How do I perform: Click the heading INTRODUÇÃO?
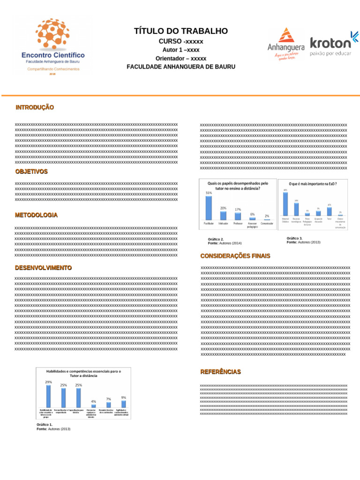[35, 108]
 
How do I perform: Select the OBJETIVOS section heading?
[31, 172]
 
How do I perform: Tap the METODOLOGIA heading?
[37, 215]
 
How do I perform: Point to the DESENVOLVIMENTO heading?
[43, 268]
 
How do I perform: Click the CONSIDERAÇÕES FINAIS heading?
[235, 256]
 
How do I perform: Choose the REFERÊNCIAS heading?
[220, 372]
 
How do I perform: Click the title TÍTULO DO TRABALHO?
[181, 31]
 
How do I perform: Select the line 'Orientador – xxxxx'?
[181, 59]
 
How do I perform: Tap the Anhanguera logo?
[286, 42]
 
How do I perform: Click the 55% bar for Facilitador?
[209, 208]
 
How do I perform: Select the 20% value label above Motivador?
[224, 208]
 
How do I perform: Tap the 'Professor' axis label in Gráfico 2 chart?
[238, 224]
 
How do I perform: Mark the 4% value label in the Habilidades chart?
[93, 401]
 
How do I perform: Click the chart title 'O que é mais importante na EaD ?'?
[313, 184]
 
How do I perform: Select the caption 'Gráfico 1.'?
[45, 425]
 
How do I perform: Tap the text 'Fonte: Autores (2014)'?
[225, 243]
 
